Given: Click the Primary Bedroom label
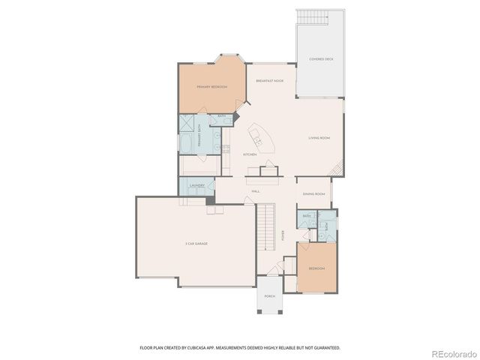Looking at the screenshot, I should (211, 87).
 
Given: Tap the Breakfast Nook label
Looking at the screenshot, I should (269, 80).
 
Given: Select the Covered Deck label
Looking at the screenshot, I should (321, 58).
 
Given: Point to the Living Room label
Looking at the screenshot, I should (319, 138).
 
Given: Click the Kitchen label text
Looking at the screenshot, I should (250, 154).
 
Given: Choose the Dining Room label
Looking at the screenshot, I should (313, 194).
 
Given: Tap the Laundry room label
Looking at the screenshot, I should (197, 185).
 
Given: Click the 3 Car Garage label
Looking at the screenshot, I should (196, 244).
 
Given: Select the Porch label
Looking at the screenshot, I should (269, 296).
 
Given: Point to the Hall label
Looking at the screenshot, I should (256, 191).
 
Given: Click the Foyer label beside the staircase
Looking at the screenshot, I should (283, 234).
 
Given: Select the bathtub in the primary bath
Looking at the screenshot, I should (186, 142).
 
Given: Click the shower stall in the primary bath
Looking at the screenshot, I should (185, 124).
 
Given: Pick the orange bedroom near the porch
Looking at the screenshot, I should (317, 267).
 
